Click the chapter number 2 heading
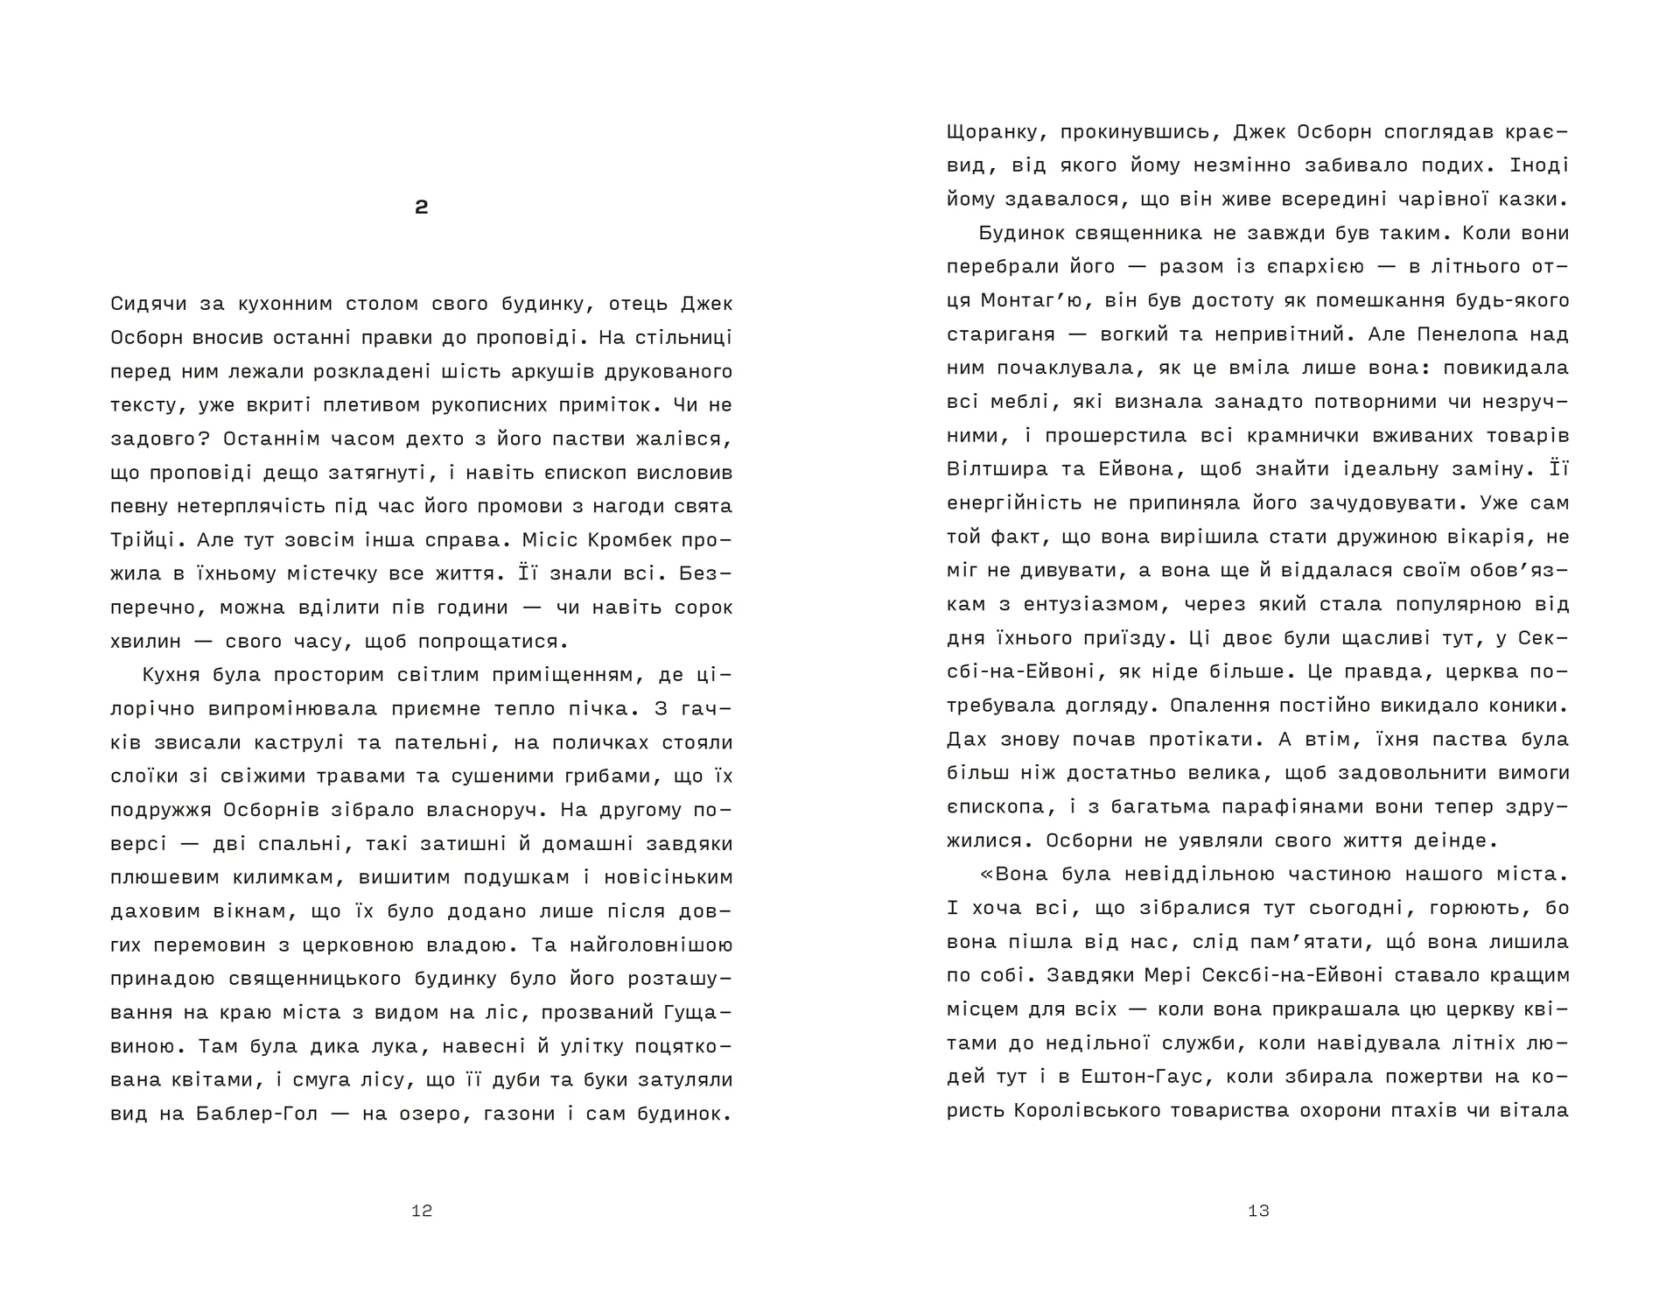pos(421,207)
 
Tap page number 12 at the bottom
pos(422,1211)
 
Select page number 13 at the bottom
pos(1258,1211)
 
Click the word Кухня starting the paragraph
pos(171,675)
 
